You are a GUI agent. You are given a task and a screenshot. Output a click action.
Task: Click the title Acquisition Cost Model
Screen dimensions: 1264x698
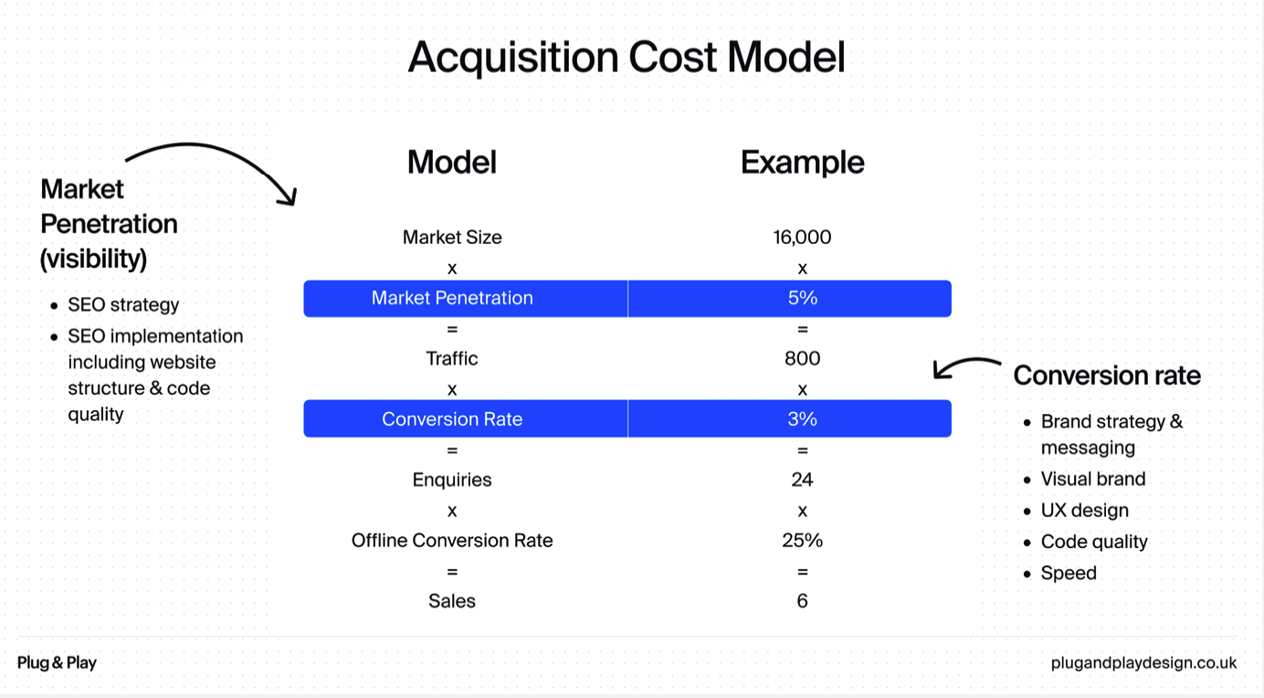(x=627, y=57)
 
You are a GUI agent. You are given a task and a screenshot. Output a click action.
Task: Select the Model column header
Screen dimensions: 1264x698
(x=452, y=162)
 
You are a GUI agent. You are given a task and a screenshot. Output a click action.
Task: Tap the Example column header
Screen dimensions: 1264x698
(x=803, y=163)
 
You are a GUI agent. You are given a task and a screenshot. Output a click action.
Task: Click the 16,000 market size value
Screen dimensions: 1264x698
(x=802, y=237)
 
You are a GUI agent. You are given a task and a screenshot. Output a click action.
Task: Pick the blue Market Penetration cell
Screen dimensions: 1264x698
(x=466, y=298)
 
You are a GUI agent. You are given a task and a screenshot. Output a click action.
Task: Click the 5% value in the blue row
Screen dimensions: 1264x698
(x=803, y=298)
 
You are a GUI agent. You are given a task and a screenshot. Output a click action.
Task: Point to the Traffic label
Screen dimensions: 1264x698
(x=452, y=358)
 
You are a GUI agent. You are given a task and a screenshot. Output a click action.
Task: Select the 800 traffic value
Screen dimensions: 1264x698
(x=803, y=358)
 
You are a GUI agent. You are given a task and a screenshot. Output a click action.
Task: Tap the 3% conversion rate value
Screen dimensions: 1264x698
(x=803, y=418)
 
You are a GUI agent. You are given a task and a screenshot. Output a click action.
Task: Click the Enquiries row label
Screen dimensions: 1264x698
(x=452, y=480)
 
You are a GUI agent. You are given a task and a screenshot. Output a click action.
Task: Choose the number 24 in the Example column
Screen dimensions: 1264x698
(x=802, y=480)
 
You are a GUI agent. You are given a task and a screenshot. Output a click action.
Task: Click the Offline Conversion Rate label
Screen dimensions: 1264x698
(x=452, y=540)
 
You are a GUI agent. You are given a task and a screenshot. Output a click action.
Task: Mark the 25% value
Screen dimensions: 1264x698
(x=803, y=540)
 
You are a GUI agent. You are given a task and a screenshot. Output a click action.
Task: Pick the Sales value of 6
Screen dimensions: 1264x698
(x=803, y=601)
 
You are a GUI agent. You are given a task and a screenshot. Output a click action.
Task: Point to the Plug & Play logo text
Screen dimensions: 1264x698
(x=57, y=662)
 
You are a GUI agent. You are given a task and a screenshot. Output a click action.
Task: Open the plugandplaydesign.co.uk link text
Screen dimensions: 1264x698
(x=1143, y=662)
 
